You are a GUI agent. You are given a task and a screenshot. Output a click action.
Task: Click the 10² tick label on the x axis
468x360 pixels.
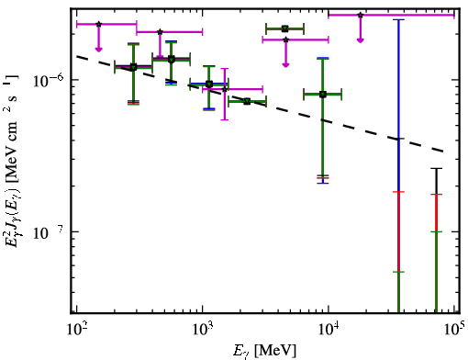(77, 330)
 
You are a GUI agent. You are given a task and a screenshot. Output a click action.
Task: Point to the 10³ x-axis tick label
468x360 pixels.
(203, 330)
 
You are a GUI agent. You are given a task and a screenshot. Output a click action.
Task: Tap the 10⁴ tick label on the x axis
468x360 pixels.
(329, 330)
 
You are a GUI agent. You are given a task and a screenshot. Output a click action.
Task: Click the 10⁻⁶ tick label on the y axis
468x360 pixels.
(49, 80)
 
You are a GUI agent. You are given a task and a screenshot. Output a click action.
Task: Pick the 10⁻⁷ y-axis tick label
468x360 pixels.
(49, 232)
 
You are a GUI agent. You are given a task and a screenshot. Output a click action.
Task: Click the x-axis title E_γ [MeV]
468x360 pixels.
(264, 351)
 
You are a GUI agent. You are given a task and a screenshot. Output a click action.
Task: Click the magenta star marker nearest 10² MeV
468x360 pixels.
(98, 24)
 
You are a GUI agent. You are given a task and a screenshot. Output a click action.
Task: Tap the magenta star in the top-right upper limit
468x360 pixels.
(361, 15)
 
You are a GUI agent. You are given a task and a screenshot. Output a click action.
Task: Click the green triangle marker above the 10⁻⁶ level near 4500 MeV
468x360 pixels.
(285, 29)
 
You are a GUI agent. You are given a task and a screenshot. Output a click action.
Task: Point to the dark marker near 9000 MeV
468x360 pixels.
(323, 95)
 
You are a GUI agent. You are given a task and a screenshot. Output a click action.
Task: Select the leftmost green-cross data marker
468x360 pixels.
(133, 67)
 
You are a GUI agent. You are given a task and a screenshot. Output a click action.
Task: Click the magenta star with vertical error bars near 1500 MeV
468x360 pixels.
(225, 89)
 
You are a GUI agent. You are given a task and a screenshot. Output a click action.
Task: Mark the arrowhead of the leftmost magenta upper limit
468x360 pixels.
(98, 49)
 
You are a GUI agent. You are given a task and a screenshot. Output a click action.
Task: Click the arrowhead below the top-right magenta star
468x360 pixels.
(361, 40)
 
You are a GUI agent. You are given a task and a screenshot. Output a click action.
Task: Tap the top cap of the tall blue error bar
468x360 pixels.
(398, 19)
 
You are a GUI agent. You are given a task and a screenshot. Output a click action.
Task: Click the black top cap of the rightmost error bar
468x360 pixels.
(437, 168)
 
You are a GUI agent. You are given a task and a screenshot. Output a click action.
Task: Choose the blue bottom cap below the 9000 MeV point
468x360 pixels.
(323, 183)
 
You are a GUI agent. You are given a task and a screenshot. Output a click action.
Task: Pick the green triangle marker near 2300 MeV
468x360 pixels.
(247, 102)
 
